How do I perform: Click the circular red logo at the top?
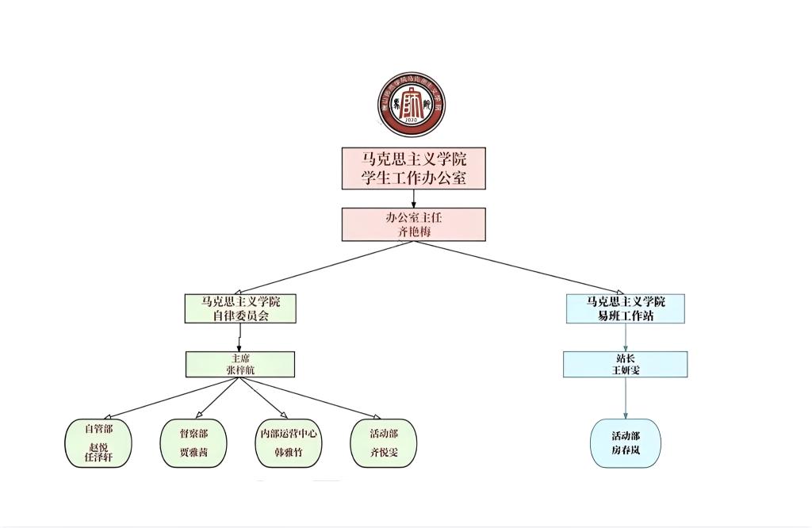pyautogui.click(x=411, y=105)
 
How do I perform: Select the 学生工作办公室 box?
pyautogui.click(x=413, y=168)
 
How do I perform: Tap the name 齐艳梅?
pyautogui.click(x=413, y=231)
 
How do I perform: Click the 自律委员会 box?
pyautogui.click(x=240, y=308)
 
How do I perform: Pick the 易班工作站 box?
pyautogui.click(x=626, y=308)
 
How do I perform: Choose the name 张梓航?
pyautogui.click(x=240, y=370)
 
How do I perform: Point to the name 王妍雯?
pyautogui.click(x=626, y=370)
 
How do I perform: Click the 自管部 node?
pyautogui.click(x=98, y=443)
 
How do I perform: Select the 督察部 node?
pyautogui.click(x=193, y=443)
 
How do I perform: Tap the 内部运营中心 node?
pyautogui.click(x=289, y=443)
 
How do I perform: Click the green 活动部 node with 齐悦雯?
pyautogui.click(x=383, y=443)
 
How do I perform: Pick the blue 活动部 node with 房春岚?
pyautogui.click(x=626, y=443)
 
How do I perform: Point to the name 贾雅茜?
pyautogui.click(x=193, y=453)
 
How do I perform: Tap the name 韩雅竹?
pyautogui.click(x=289, y=453)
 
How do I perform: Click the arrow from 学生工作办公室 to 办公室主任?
pyautogui.click(x=413, y=198)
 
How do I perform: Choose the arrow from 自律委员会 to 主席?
pyautogui.click(x=239, y=337)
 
